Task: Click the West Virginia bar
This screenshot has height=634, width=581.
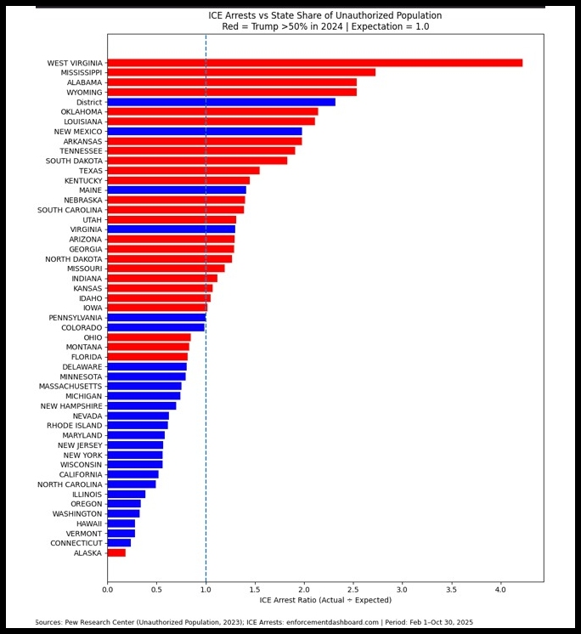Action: click(314, 63)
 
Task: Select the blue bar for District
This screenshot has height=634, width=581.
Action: click(221, 102)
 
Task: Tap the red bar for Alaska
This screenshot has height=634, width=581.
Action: click(116, 553)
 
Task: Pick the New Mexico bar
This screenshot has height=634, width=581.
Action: click(205, 132)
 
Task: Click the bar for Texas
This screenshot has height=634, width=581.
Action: click(183, 171)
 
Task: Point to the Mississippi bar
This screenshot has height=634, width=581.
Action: click(241, 72)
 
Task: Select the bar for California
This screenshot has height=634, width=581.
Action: click(133, 474)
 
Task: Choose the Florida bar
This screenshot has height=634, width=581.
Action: click(147, 357)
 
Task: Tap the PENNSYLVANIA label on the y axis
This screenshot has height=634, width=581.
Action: click(76, 318)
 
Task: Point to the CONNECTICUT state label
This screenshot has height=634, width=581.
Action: click(76, 543)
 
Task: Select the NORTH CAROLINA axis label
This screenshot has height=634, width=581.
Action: click(70, 484)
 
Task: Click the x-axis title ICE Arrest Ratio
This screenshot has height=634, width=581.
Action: click(325, 601)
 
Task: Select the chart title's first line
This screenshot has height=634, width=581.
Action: click(325, 15)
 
